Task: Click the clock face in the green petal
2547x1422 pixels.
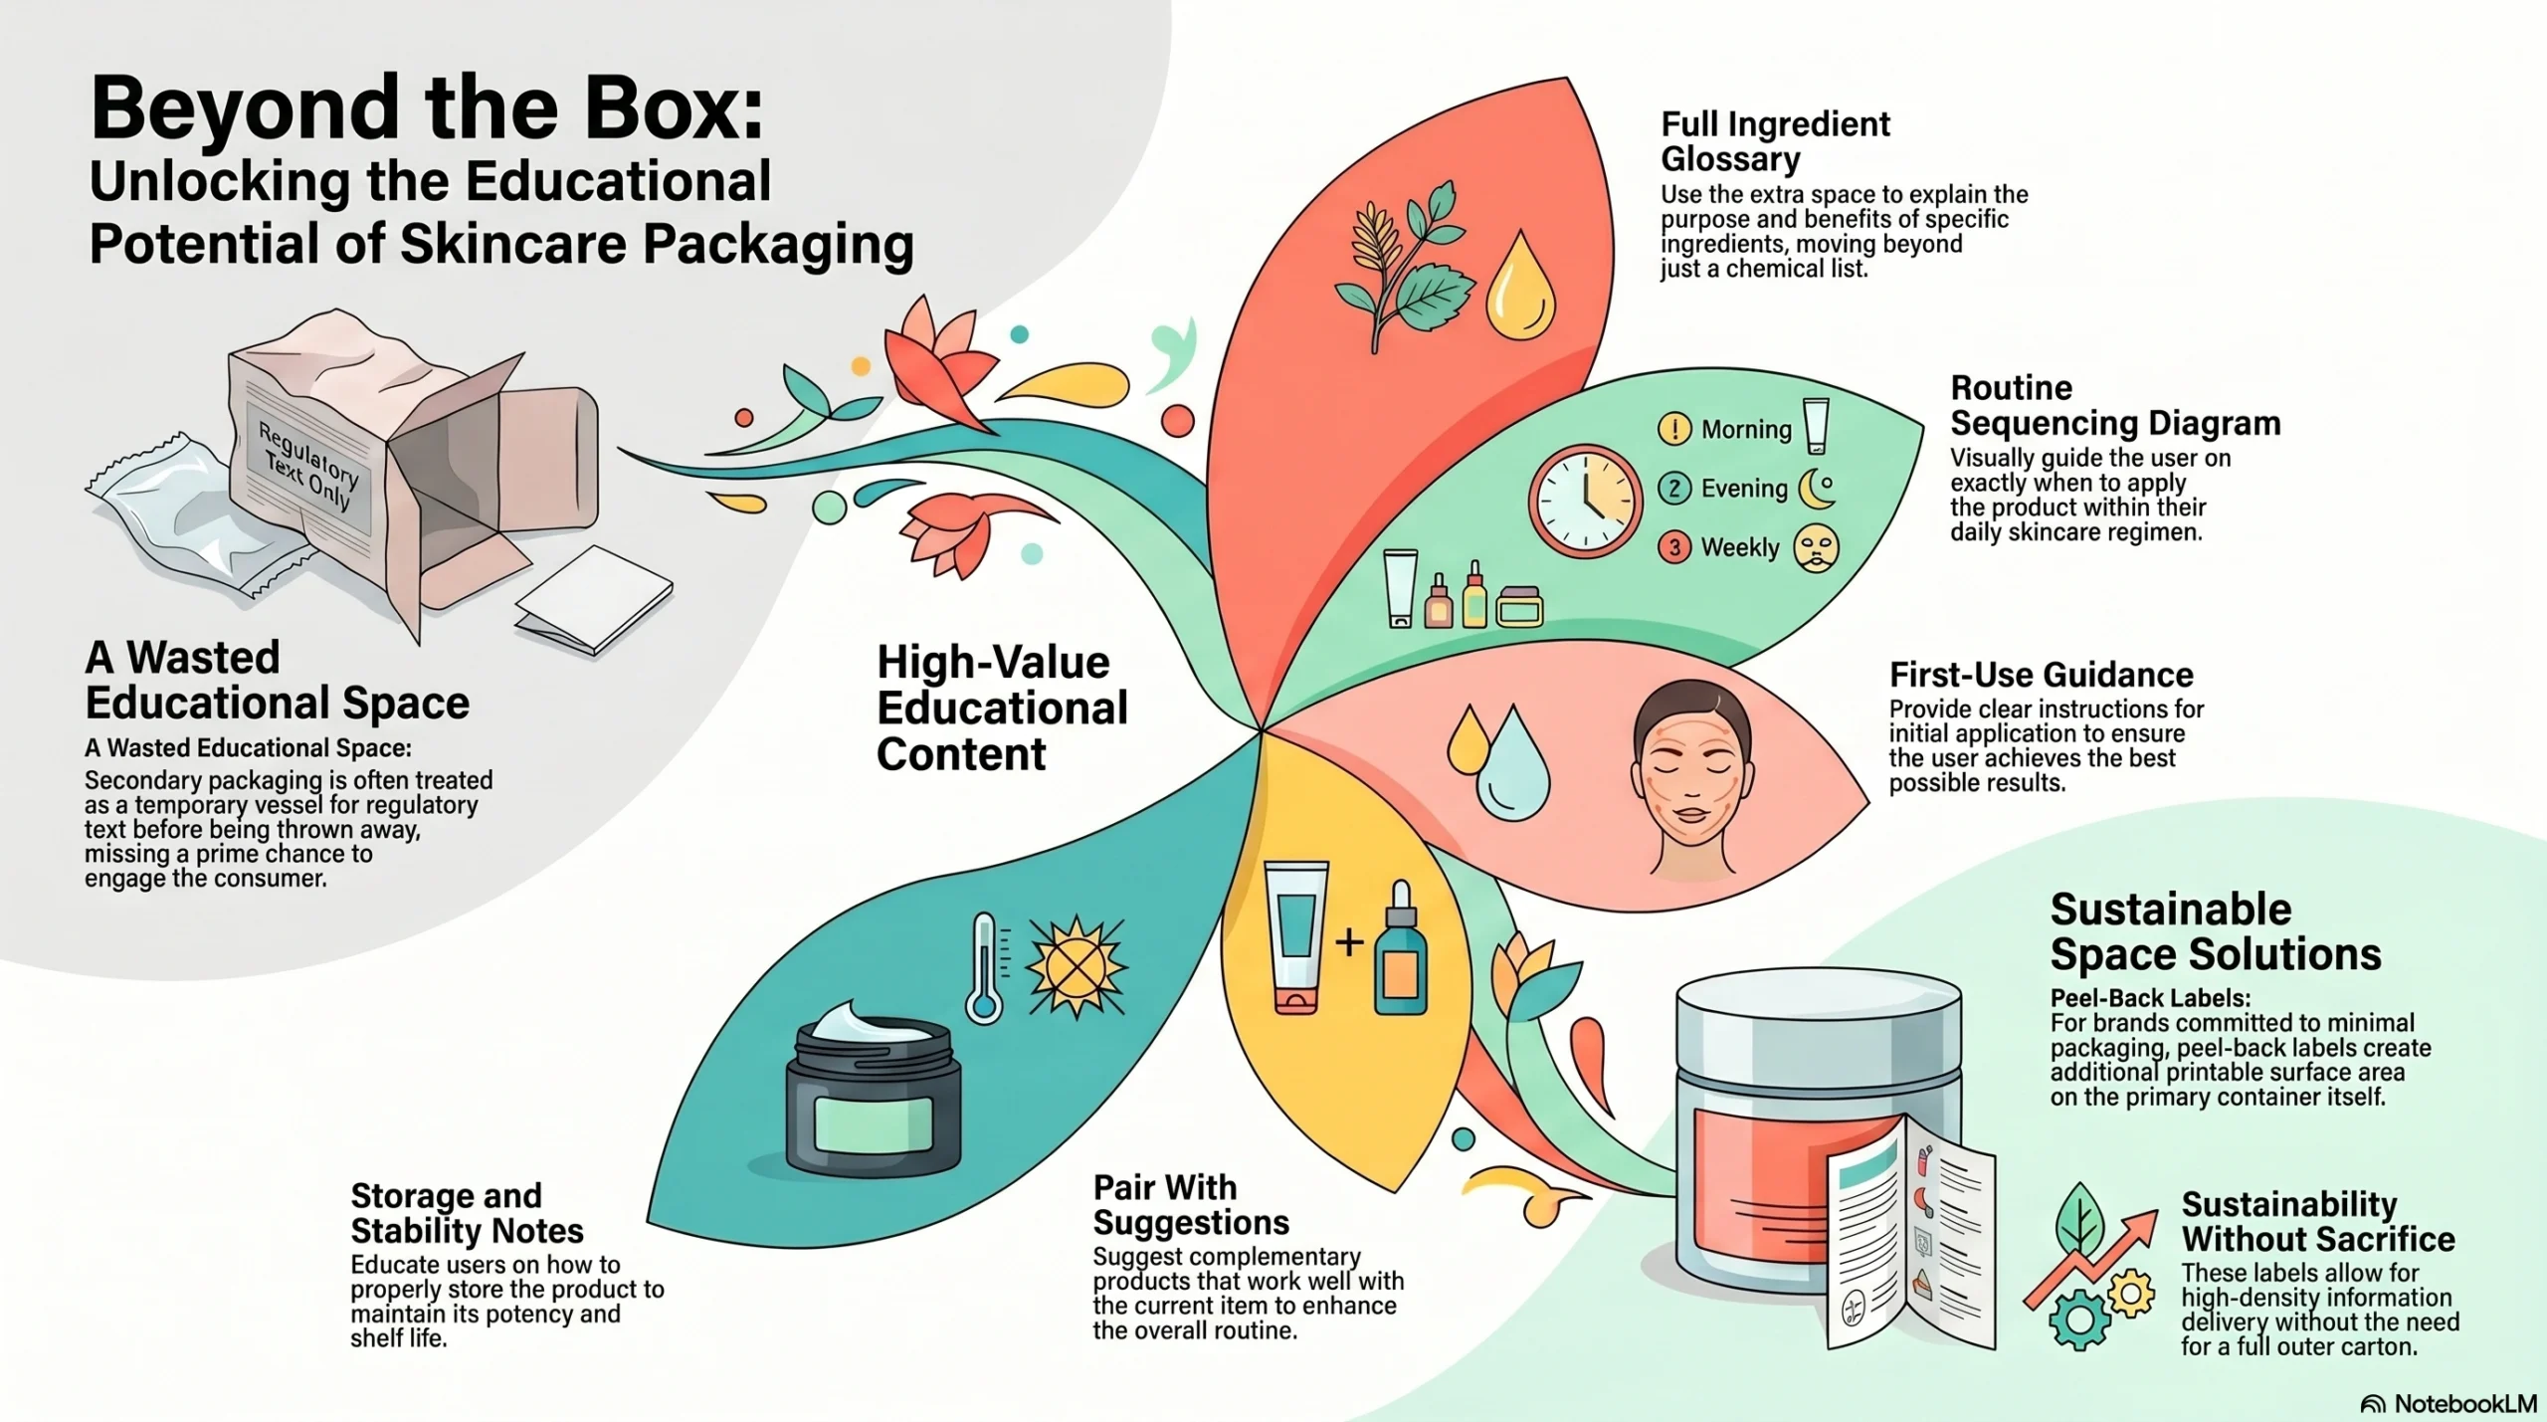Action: (x=1584, y=501)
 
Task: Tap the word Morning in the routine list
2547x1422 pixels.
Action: (x=1746, y=430)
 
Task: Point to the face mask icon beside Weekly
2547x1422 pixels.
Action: (x=1816, y=548)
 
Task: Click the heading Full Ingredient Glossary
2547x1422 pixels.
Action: (x=1775, y=141)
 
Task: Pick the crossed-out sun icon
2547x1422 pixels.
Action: (x=1076, y=967)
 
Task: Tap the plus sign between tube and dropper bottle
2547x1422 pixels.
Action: (x=1349, y=941)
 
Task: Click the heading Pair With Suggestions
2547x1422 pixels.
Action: (x=1190, y=1204)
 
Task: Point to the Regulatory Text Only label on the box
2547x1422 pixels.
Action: (x=308, y=465)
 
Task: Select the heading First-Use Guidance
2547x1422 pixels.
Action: (x=2041, y=675)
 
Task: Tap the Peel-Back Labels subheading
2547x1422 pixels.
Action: (x=2150, y=998)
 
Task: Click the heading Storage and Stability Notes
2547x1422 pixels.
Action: (x=467, y=1213)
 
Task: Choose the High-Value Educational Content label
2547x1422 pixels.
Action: (x=1001, y=708)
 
